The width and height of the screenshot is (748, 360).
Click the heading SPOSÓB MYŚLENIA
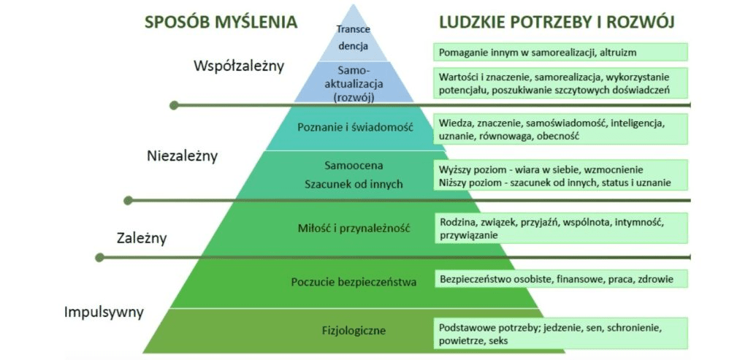[x=221, y=22]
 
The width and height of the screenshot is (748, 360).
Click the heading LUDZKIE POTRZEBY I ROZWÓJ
[x=556, y=22]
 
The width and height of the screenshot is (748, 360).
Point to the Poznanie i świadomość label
[x=355, y=127]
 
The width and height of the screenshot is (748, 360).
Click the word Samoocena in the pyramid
[x=354, y=164]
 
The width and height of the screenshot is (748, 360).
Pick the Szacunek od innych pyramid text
[x=354, y=184]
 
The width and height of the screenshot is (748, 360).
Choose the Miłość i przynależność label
[x=354, y=228]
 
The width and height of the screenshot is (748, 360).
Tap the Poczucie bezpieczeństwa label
[x=354, y=281]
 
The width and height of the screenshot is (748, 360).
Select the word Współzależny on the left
[x=238, y=66]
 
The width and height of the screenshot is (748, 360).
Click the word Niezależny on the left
[x=182, y=156]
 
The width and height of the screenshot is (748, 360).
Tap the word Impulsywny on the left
[x=104, y=313]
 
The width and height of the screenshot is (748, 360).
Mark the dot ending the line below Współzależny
[x=174, y=105]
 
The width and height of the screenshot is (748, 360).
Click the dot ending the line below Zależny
[x=100, y=257]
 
